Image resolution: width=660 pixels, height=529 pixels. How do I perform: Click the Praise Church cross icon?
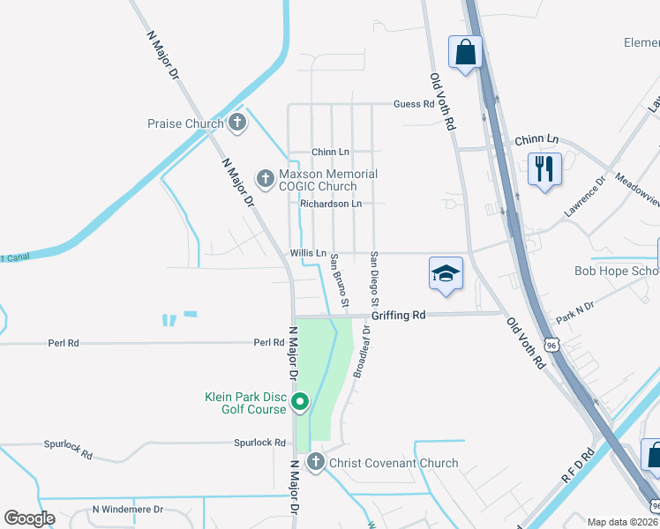pos(236,123)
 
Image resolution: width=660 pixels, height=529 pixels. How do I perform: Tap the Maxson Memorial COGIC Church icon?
pos(265,179)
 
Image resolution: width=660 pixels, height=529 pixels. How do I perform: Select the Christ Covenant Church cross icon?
pos(316,462)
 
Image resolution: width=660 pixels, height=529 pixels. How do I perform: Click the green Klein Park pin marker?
pos(299,403)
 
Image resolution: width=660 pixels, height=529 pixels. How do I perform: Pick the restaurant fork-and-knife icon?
pos(544,168)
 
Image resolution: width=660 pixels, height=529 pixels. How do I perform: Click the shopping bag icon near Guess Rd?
pos(465,52)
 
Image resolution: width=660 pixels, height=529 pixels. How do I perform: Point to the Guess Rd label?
pos(414,103)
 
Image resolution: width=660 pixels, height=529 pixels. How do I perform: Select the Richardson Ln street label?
pos(331,204)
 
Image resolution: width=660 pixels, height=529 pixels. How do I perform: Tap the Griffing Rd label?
pos(398,315)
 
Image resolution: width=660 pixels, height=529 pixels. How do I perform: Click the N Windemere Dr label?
pos(129,510)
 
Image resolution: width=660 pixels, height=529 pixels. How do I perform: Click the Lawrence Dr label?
pos(586,197)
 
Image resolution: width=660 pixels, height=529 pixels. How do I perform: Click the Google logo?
pos(29,518)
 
